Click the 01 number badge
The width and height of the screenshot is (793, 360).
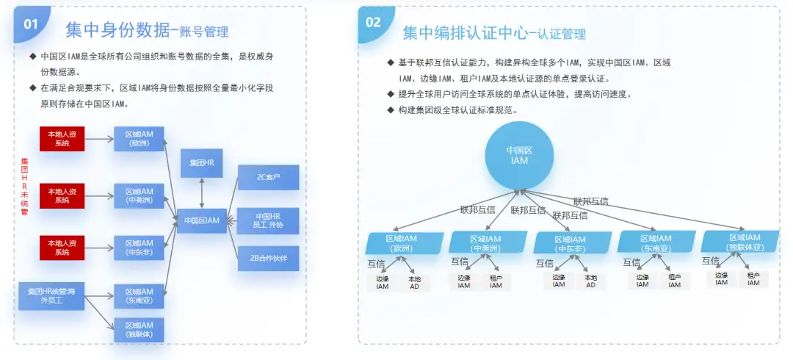[x=32, y=24]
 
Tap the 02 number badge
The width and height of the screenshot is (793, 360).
[x=374, y=23]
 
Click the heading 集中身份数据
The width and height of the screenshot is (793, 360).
[x=118, y=30]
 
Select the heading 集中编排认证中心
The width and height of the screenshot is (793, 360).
[x=465, y=33]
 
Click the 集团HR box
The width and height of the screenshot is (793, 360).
[x=201, y=162]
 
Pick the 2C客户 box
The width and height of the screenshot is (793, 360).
[x=268, y=177]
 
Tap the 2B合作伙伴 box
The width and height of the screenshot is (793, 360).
[x=268, y=258]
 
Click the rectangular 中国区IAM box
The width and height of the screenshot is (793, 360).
[x=202, y=220]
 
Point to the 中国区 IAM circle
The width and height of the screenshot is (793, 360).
[x=519, y=155]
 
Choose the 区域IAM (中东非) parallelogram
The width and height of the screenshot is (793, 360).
[x=570, y=244]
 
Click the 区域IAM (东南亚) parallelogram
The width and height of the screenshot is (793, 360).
[x=655, y=243]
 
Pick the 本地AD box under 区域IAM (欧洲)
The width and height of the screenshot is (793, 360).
[x=414, y=282]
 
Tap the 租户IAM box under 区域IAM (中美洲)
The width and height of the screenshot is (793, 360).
[x=496, y=282]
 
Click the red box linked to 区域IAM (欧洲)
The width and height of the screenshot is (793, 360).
[x=62, y=139]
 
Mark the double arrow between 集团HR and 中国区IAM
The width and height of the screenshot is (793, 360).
[x=202, y=192]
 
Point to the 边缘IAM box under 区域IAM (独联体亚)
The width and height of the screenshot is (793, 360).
[x=722, y=279]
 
